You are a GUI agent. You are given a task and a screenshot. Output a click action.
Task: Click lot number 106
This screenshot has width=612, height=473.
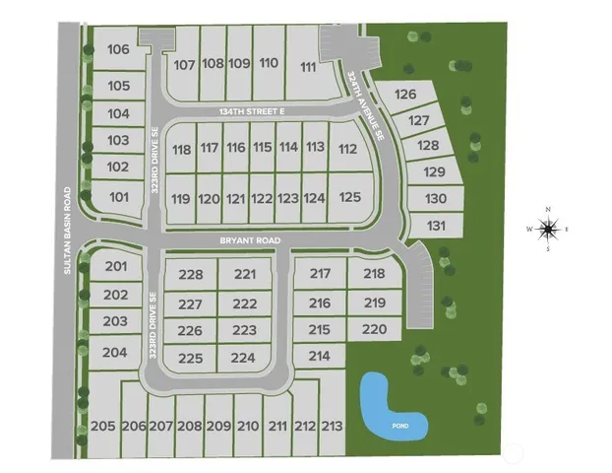119,49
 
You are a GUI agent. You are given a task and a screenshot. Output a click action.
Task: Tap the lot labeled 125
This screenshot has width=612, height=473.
350,197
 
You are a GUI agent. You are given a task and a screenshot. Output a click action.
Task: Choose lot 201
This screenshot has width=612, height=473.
116,267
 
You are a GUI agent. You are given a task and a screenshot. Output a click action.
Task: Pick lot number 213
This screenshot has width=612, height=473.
333,426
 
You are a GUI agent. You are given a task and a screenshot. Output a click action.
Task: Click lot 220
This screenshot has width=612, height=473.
375,329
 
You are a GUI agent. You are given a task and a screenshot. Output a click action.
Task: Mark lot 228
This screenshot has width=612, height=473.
191,275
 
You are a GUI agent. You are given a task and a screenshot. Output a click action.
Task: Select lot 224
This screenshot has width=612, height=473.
243,358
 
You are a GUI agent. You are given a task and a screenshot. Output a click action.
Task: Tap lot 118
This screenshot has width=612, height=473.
181,150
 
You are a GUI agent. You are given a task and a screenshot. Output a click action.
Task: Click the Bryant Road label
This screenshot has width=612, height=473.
250,240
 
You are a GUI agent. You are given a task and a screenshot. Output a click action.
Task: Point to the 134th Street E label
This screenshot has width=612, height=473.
251,113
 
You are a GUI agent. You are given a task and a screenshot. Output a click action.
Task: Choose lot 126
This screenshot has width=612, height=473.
405,95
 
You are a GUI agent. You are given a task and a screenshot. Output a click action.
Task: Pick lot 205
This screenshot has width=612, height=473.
102,426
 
